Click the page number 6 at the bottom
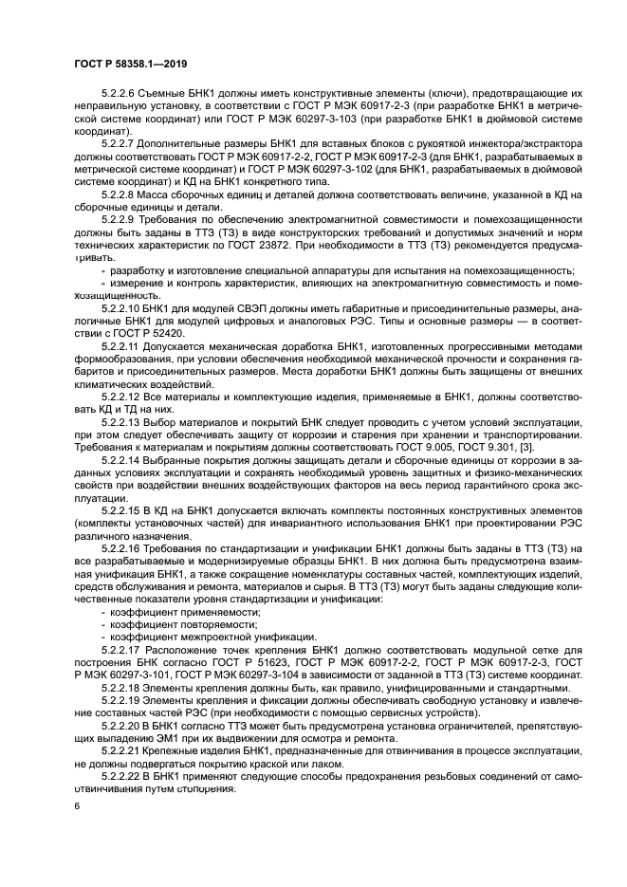[76, 804]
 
